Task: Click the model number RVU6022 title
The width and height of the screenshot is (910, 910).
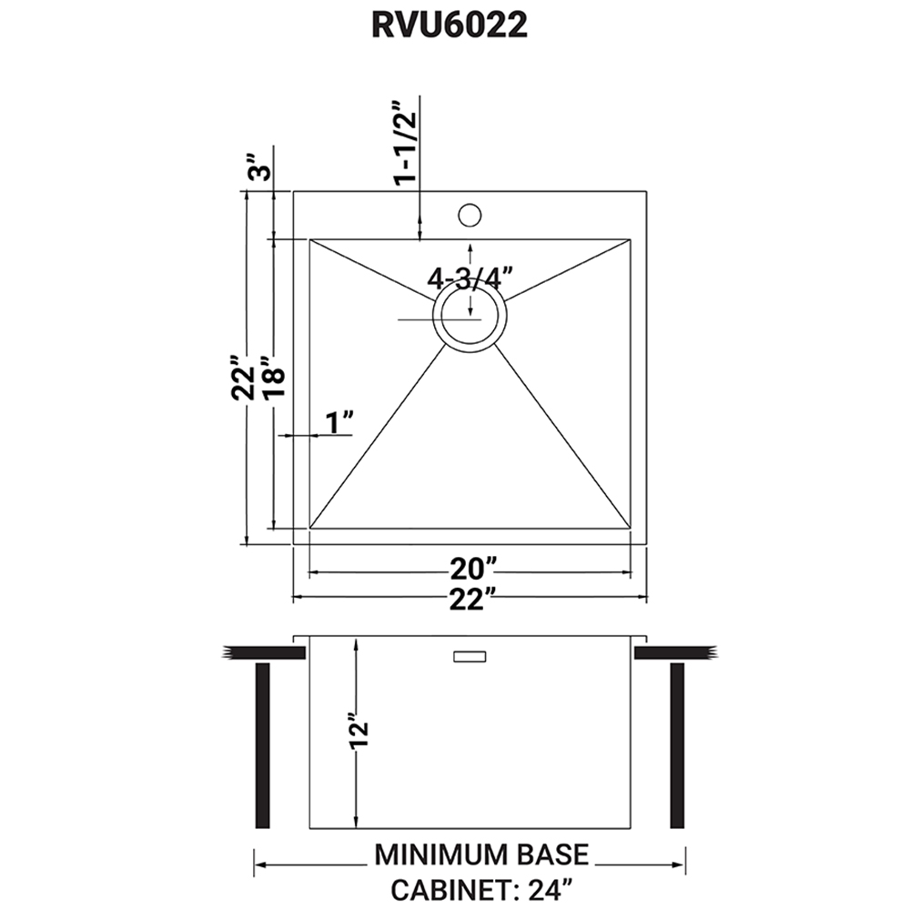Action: point(450,25)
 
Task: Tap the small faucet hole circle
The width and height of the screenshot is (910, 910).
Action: point(470,215)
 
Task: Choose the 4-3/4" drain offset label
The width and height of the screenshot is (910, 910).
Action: point(470,278)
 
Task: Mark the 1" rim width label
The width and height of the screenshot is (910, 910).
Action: point(339,422)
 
